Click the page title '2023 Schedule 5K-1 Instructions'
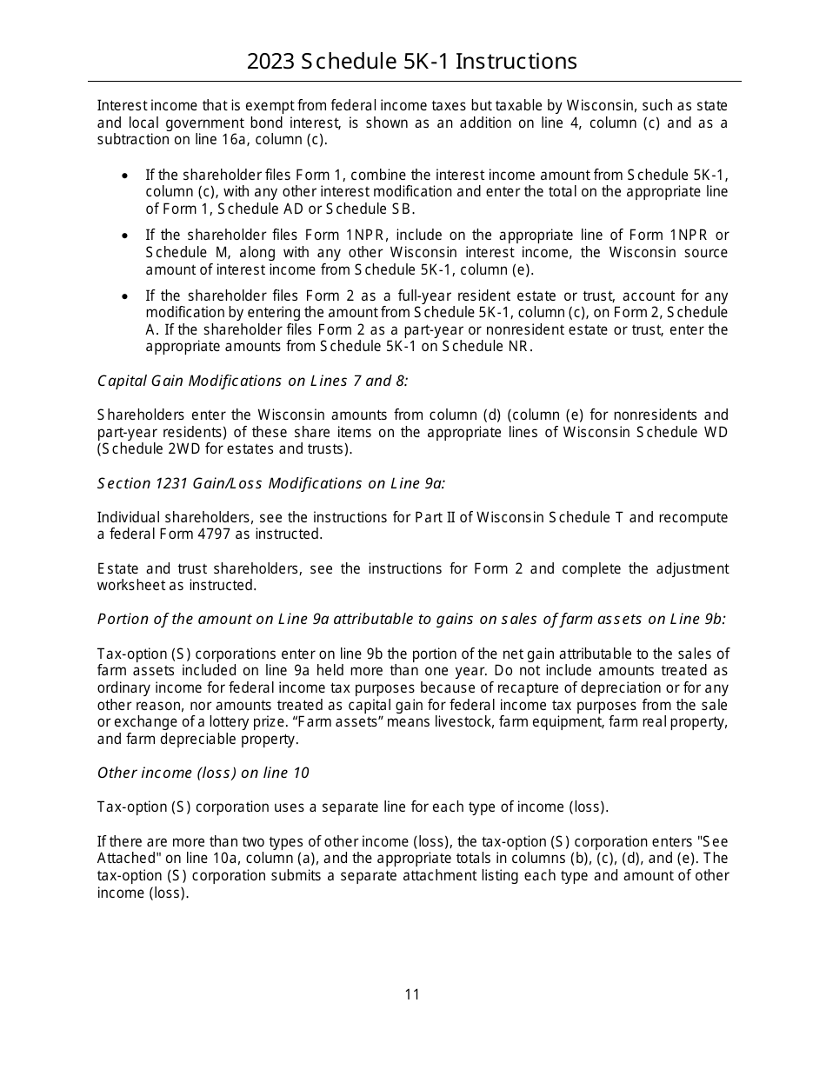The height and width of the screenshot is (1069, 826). pos(412,62)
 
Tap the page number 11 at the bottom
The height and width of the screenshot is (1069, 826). pos(412,994)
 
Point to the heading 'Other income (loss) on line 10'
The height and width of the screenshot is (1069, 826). pos(203,773)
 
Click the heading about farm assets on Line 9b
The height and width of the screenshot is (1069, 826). pos(411,619)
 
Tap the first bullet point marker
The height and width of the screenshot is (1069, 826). pos(126,176)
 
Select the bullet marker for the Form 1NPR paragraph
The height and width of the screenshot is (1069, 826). pos(126,236)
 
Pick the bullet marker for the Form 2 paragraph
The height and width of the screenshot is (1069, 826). pos(126,296)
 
